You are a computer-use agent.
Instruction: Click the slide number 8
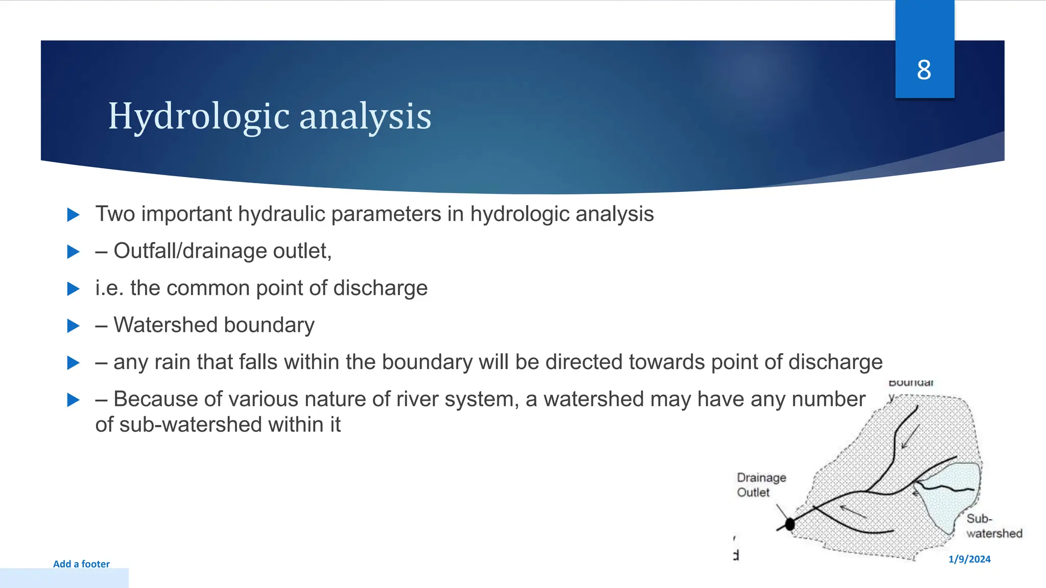[924, 70]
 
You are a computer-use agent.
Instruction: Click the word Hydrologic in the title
[199, 117]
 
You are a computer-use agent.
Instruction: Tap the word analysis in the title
[365, 117]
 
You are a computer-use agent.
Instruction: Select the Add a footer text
[81, 564]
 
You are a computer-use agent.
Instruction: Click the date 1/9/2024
[969, 559]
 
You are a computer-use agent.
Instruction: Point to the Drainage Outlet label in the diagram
[760, 485]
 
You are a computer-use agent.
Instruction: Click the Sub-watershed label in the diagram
[993, 526]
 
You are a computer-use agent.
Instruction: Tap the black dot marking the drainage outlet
[790, 524]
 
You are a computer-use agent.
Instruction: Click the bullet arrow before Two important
[74, 215]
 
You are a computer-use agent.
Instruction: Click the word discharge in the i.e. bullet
[380, 288]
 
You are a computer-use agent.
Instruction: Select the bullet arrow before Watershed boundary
[74, 326]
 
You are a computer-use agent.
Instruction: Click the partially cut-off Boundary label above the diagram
[911, 383]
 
